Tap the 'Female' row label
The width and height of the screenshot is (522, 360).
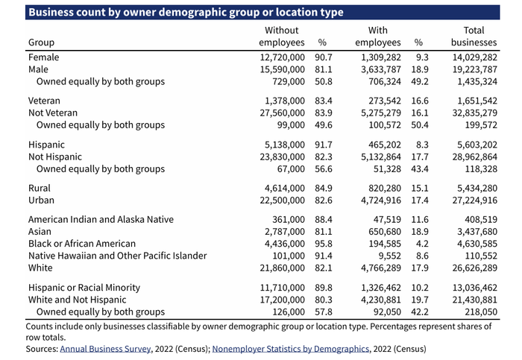[x=43, y=57]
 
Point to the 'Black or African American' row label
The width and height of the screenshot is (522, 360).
[x=82, y=244]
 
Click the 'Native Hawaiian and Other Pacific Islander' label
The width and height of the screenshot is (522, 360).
[x=117, y=256]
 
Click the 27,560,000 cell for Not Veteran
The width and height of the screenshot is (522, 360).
[x=277, y=113]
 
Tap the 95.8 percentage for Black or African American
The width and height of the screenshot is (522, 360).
[x=323, y=244]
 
